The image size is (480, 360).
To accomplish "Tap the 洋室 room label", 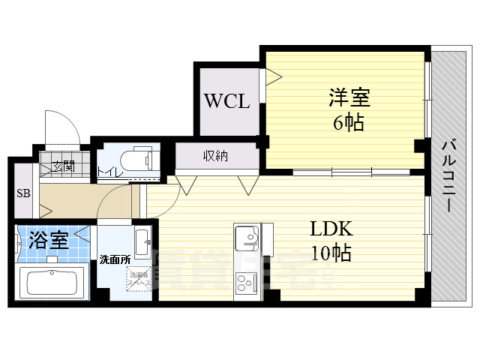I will point(349,98).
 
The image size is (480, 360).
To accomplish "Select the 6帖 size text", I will point(349,122).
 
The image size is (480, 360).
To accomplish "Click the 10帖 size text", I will point(331,253).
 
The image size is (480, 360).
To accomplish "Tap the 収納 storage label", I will point(215,156).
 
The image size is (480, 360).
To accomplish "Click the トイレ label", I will point(106,172).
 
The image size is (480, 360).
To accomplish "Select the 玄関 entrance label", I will point(63,166).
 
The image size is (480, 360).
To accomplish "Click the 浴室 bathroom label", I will point(49,241).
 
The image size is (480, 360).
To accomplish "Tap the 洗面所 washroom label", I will point(115,260).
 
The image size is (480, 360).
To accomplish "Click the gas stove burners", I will point(247,283).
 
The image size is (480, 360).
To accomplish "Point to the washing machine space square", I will point(138,284).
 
